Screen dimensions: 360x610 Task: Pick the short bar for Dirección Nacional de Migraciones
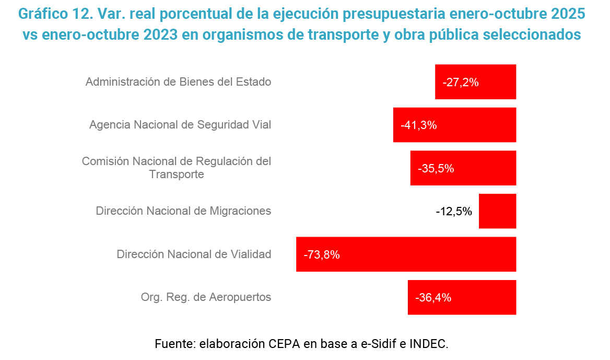pyautogui.click(x=497, y=211)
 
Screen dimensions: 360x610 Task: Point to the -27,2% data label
pyautogui.click(x=461, y=82)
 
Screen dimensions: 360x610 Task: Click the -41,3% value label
pyautogui.click(x=418, y=125)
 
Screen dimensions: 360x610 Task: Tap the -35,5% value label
pyautogui.click(x=436, y=168)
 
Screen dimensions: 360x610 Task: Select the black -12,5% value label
pyautogui.click(x=454, y=212)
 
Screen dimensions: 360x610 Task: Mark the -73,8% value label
pyautogui.click(x=322, y=255)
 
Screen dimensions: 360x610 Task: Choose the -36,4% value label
pyautogui.click(x=433, y=298)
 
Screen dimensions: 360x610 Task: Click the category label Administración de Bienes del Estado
pyautogui.click(x=178, y=82)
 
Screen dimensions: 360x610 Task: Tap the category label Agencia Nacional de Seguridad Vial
pyautogui.click(x=180, y=125)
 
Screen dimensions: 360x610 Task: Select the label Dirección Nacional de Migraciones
pyautogui.click(x=183, y=211)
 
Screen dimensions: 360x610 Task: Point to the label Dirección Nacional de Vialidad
pyautogui.click(x=194, y=254)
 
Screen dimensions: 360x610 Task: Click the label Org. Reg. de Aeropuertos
pyautogui.click(x=206, y=297)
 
